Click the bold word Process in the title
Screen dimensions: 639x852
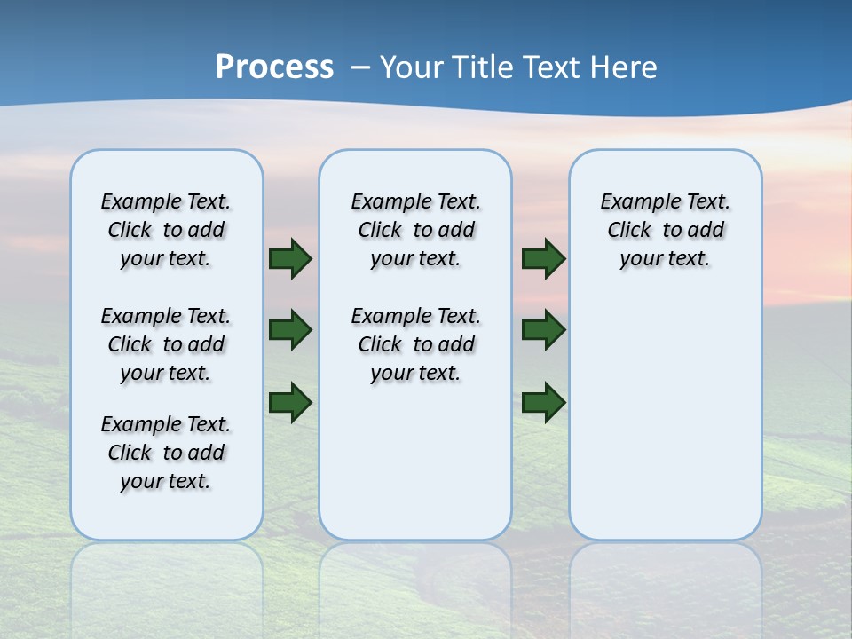point(274,67)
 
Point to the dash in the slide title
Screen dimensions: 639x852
point(360,68)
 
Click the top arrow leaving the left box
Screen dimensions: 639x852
point(290,258)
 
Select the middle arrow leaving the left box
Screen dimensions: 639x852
point(290,330)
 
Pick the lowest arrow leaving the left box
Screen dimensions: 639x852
point(290,401)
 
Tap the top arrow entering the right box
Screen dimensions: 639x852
point(544,258)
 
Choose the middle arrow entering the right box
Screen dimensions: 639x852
point(544,330)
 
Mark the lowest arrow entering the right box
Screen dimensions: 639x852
point(544,402)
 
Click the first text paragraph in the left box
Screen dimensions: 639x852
point(166,230)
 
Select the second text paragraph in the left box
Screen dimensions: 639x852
point(166,344)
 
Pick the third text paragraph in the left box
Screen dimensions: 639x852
point(166,453)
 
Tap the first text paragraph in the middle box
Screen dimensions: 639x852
point(415,230)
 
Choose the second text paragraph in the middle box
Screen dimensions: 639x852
point(415,344)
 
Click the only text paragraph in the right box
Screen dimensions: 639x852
point(665,230)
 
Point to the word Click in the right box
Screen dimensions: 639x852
point(629,230)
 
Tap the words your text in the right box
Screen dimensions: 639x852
point(665,258)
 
